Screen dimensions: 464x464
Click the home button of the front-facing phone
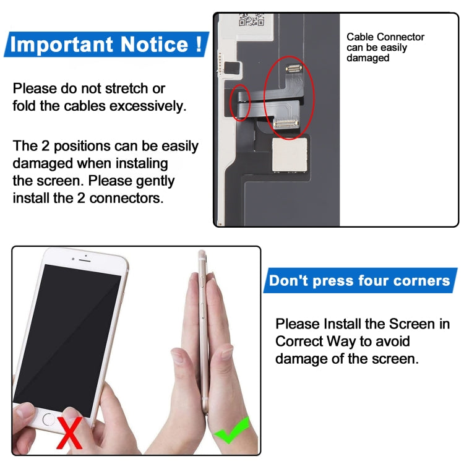49,419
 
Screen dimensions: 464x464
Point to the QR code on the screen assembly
251,19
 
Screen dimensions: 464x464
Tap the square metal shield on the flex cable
293,154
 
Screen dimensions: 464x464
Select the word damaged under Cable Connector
367,58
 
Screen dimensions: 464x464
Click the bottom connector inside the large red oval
287,124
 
